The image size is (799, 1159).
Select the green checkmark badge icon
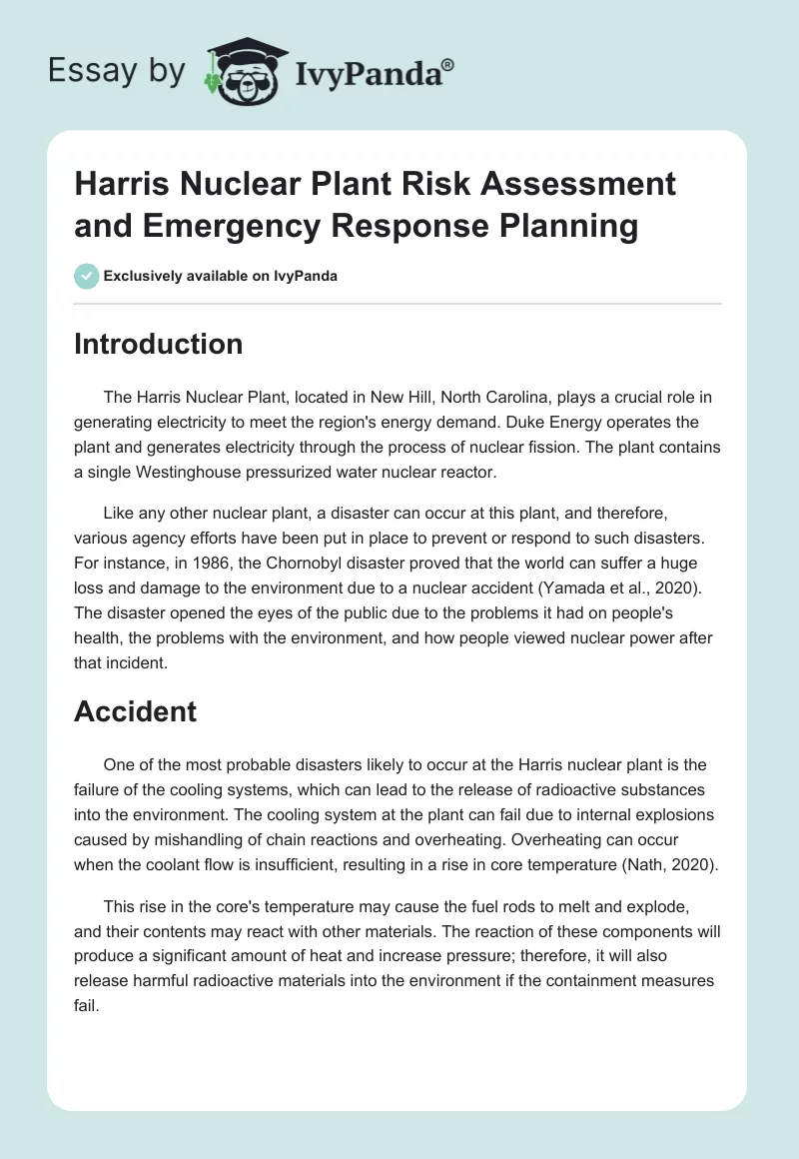(x=86, y=276)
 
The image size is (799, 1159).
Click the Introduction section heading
(x=159, y=344)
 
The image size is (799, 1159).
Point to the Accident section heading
(x=136, y=711)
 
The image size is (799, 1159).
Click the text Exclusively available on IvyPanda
(x=221, y=276)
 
